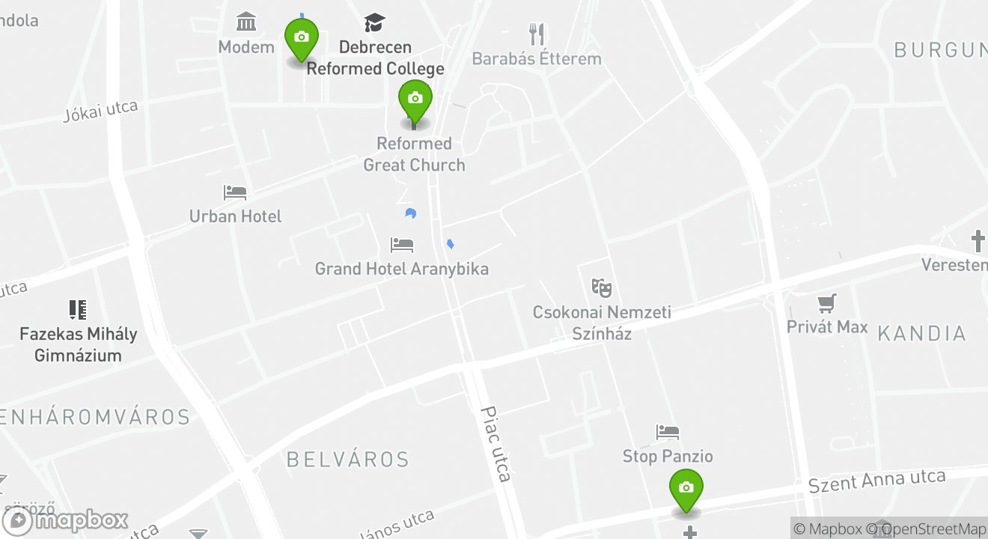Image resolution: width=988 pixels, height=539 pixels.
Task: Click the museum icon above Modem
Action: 246,22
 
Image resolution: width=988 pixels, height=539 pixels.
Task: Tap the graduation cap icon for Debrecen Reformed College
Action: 375,22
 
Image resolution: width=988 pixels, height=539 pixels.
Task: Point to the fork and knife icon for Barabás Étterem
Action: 537,34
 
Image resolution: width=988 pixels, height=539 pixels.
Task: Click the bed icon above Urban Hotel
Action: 235,192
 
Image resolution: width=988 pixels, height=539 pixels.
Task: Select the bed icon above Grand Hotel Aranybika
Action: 402,245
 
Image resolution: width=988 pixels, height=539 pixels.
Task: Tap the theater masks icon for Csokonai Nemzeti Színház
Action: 601,287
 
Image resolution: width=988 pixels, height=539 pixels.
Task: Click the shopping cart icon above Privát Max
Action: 827,303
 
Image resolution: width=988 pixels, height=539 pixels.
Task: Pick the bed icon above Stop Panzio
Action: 668,432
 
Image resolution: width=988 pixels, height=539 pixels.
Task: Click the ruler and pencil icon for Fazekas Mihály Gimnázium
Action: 78,309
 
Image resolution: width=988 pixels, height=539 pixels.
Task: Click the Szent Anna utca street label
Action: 876,481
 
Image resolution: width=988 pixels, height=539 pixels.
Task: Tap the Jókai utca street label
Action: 100,111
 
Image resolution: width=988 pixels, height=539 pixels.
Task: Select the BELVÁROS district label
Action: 348,459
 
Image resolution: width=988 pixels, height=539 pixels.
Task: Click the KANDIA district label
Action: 921,333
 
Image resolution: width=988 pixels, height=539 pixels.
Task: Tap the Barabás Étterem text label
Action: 537,58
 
